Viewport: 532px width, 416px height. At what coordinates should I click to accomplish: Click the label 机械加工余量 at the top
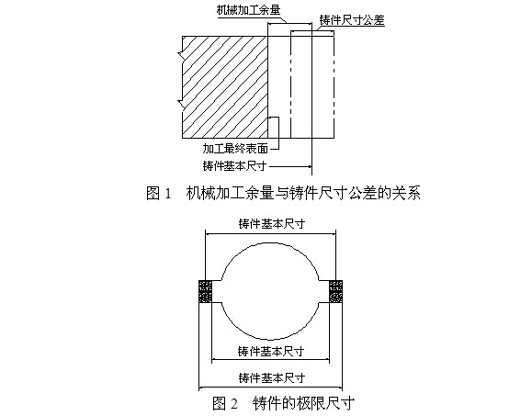pyautogui.click(x=249, y=10)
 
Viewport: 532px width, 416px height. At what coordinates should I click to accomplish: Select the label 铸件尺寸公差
pyautogui.click(x=352, y=21)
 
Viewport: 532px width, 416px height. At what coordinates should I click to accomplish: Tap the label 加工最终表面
pyautogui.click(x=235, y=149)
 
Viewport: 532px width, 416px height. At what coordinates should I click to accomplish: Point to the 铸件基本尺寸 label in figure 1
pyautogui.click(x=235, y=166)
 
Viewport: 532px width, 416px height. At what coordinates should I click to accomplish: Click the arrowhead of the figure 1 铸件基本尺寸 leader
pyautogui.click(x=310, y=166)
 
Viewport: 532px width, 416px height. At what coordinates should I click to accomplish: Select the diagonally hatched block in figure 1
pyautogui.click(x=225, y=87)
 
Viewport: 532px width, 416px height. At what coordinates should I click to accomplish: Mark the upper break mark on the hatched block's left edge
pyautogui.click(x=182, y=54)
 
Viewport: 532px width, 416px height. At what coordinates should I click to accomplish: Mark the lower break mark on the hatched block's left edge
pyautogui.click(x=182, y=105)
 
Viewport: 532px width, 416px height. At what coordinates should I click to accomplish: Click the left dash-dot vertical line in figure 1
pyautogui.click(x=290, y=84)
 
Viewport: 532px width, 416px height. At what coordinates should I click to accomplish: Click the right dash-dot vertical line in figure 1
pyautogui.click(x=334, y=84)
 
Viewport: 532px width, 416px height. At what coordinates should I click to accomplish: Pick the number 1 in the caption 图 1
pyautogui.click(x=167, y=194)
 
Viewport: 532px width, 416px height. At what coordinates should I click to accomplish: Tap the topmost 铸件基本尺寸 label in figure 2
pyautogui.click(x=272, y=224)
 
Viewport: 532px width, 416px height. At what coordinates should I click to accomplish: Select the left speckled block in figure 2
pyautogui.click(x=205, y=291)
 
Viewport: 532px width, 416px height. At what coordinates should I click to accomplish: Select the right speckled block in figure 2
pyautogui.click(x=336, y=291)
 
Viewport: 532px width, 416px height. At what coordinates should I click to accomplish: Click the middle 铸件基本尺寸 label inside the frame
pyautogui.click(x=271, y=352)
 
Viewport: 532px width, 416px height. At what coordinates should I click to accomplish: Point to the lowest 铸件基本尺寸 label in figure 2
pyautogui.click(x=272, y=377)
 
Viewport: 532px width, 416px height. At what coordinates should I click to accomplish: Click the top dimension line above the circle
pyautogui.click(x=270, y=233)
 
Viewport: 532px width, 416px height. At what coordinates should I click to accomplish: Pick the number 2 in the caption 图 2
pyautogui.click(x=234, y=404)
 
